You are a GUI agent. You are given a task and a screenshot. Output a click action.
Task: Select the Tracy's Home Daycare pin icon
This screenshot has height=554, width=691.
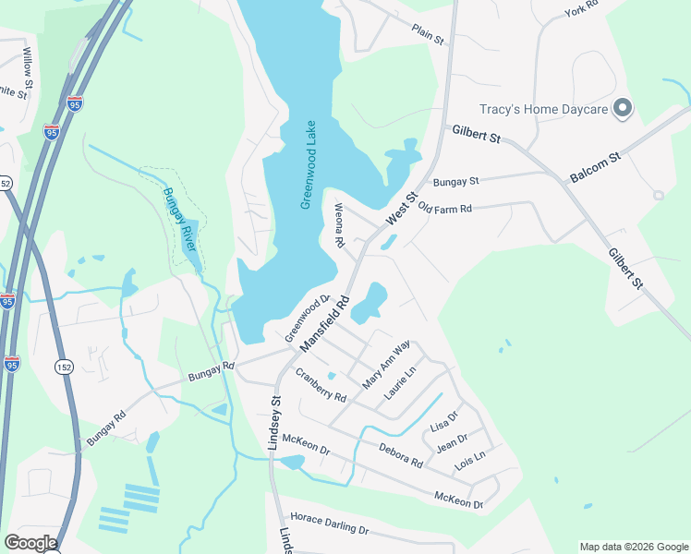point(623,109)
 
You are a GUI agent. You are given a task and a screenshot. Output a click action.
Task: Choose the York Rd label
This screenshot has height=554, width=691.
point(581,10)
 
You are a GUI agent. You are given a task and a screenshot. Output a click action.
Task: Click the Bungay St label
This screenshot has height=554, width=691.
point(456,182)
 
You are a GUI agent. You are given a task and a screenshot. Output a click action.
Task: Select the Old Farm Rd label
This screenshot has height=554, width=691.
point(445,209)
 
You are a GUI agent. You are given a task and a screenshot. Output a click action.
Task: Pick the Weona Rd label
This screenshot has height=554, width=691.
point(339,225)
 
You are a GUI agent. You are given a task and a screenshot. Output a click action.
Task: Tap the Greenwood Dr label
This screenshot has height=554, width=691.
point(307,319)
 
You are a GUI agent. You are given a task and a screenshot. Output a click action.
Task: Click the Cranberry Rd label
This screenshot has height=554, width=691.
point(321,386)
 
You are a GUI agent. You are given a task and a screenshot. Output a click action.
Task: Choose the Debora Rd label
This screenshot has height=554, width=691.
point(400,454)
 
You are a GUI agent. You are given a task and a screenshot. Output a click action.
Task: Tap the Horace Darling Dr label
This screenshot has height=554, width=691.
point(330,524)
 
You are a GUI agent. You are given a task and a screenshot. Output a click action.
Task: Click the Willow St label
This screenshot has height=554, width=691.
point(28,62)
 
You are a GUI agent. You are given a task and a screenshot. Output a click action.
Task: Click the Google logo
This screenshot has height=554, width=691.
point(30,543)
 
